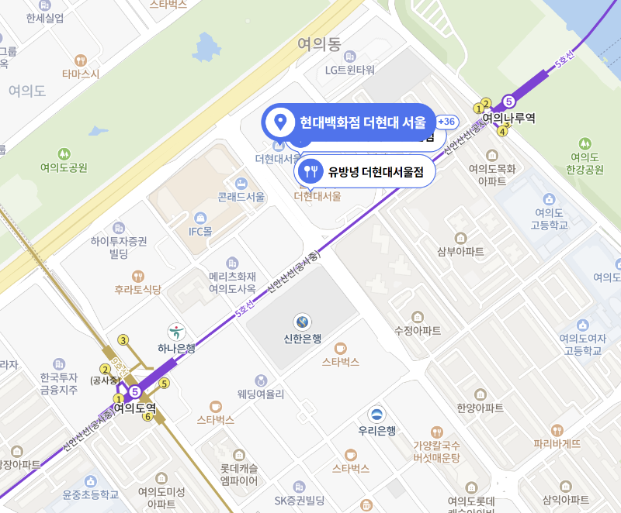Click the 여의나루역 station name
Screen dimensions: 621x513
[x=509, y=119]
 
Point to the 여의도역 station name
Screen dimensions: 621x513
[x=135, y=407]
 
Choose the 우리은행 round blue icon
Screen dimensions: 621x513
[x=377, y=415]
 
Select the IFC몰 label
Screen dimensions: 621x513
[x=200, y=231]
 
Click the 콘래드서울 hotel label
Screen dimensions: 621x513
[x=241, y=197]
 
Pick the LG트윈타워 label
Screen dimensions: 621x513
[x=349, y=70]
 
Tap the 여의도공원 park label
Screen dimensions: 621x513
[x=64, y=167]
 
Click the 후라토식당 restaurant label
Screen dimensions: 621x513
[x=137, y=290]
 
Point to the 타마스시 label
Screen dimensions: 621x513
[x=81, y=74]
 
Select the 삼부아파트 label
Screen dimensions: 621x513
[x=460, y=251]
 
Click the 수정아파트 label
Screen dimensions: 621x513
[x=418, y=330]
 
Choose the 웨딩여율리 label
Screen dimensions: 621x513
[x=261, y=394]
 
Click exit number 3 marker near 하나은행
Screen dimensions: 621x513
[x=123, y=339]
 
